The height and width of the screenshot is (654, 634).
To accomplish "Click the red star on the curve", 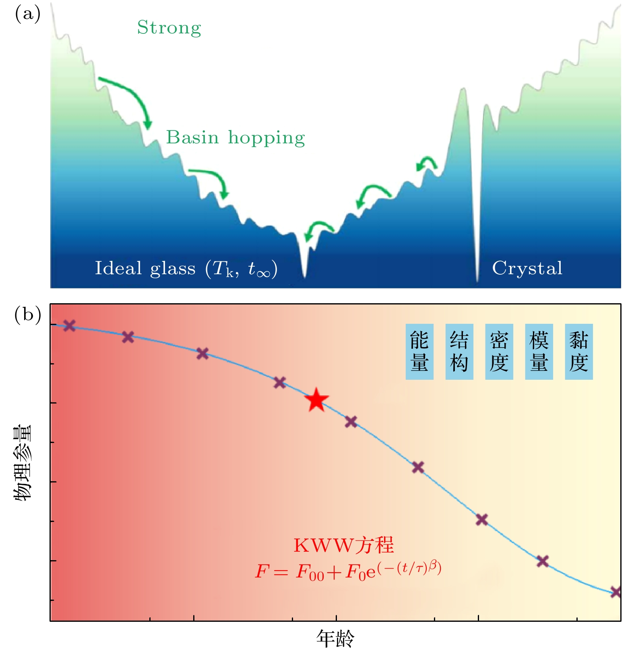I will pos(316,400).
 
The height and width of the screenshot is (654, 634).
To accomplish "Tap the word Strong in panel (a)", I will pos(169,28).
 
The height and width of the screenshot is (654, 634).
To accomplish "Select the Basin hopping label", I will pos(235,137).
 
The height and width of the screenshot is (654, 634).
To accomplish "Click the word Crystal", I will pos(527,268).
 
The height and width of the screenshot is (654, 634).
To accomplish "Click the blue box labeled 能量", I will pos(419,352).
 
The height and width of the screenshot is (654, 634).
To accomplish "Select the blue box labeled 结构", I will pos(459,352).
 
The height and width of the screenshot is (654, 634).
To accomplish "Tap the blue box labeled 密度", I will pos(499,352).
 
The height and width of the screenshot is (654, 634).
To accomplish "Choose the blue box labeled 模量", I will pos(539,352).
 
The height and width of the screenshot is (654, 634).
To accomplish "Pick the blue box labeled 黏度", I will pos(579,352).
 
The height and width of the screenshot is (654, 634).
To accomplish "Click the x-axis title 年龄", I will pos(335,638).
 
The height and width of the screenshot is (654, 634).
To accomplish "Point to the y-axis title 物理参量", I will pos(23,463).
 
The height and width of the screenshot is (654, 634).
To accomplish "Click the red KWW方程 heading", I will pos(343,545).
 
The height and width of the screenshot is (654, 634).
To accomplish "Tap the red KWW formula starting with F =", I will pos(348,570).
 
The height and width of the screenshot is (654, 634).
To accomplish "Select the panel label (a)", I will pos(27,14).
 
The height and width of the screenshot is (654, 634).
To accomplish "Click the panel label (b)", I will pos(27,315).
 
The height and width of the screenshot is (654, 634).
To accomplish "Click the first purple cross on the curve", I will pos(70,326).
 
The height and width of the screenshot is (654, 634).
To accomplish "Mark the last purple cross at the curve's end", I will pos(616,592).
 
